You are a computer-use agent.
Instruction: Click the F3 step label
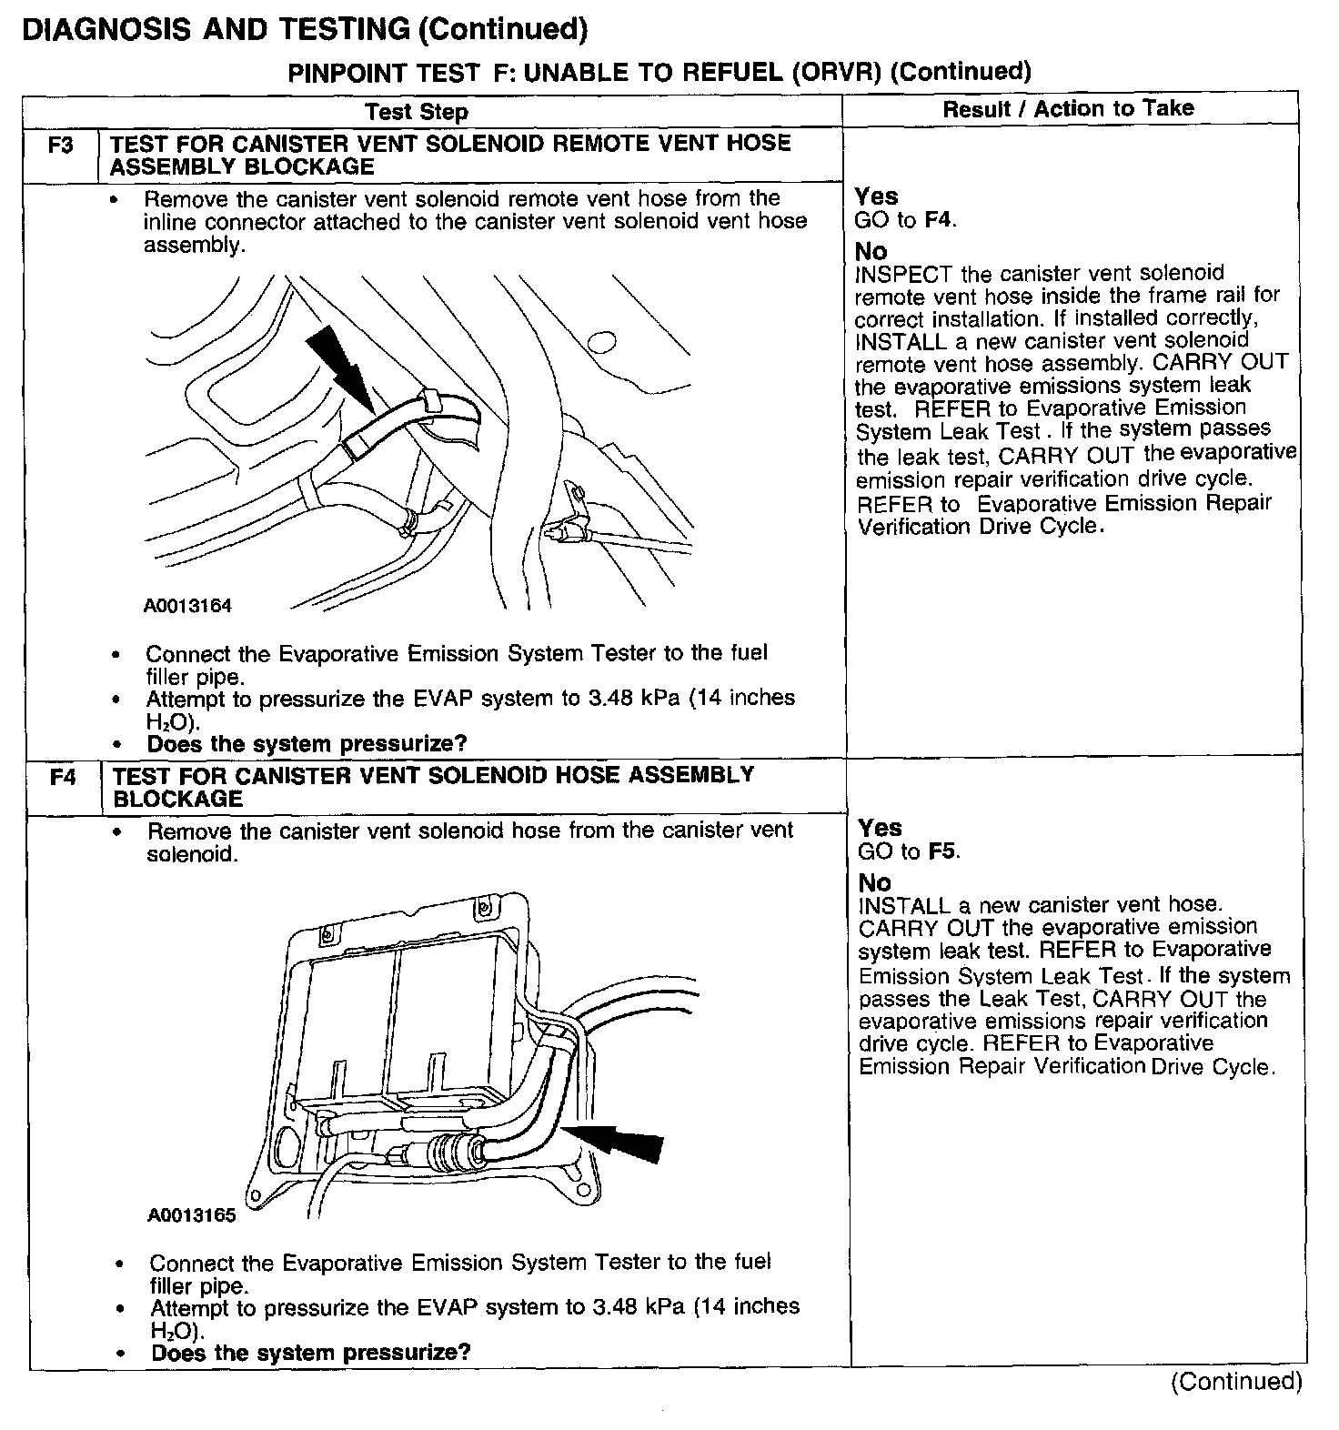click(x=60, y=144)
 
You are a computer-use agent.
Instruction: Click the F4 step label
click(x=63, y=777)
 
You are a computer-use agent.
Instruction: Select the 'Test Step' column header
click(x=417, y=112)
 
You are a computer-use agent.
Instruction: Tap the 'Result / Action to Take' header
click(x=1068, y=108)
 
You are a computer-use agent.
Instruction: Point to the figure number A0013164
click(x=187, y=606)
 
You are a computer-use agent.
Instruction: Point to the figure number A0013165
click(x=191, y=1215)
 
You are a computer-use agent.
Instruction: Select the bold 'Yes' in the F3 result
click(x=876, y=196)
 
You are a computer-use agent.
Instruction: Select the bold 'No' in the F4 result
click(x=874, y=882)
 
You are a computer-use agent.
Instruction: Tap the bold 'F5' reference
click(x=943, y=851)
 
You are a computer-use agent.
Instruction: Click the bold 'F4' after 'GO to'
click(x=940, y=220)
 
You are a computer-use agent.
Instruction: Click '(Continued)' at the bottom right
click(x=1236, y=1382)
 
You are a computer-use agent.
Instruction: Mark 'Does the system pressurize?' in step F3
click(x=307, y=744)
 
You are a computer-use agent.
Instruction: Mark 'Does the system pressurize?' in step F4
click(x=310, y=1352)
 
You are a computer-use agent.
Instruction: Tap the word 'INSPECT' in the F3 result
click(x=903, y=274)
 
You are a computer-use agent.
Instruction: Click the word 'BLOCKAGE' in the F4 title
click(x=177, y=800)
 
